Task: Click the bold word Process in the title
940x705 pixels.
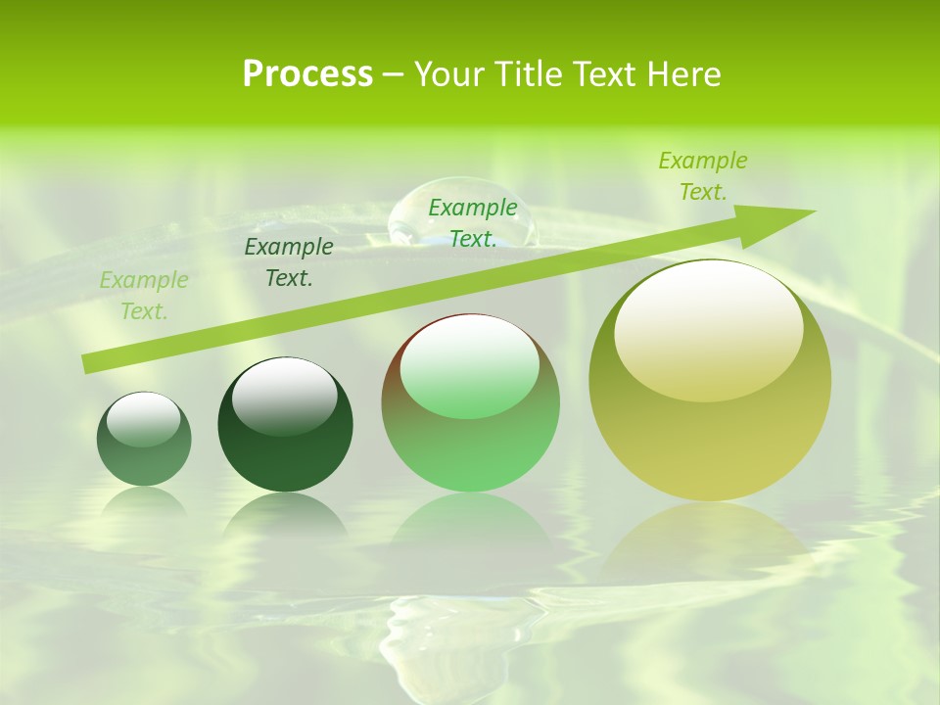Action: (x=307, y=74)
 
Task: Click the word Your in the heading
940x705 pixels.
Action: (x=446, y=74)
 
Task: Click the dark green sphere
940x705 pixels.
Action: (x=285, y=426)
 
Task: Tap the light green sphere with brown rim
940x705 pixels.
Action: (x=470, y=403)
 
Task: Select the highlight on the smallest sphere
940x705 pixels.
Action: (x=143, y=418)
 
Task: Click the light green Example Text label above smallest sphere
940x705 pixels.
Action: (x=144, y=296)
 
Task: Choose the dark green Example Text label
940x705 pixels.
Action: (x=289, y=262)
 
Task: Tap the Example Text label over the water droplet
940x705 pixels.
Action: (x=473, y=223)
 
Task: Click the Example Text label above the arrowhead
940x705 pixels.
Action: (x=703, y=176)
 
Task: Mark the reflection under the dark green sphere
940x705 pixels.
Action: (x=285, y=519)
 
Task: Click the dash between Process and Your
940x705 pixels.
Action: (x=394, y=74)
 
